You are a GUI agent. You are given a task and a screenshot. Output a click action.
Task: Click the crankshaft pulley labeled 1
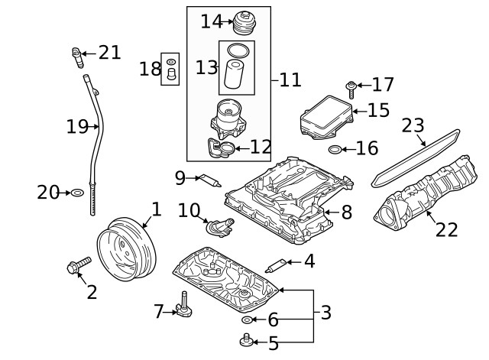click(x=127, y=248)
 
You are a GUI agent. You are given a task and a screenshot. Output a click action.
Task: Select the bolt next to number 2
click(x=78, y=266)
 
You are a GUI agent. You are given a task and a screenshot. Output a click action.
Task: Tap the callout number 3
click(x=325, y=313)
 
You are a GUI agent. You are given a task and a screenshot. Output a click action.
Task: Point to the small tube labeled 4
click(x=275, y=265)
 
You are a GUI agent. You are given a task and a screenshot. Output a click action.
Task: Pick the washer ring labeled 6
click(x=248, y=319)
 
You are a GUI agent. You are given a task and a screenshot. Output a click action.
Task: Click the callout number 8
click(x=346, y=212)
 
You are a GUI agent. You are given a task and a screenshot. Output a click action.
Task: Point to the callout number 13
click(x=206, y=67)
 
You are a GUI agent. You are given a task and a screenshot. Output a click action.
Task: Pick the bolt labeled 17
click(x=351, y=89)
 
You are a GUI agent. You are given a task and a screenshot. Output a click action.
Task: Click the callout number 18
click(x=150, y=69)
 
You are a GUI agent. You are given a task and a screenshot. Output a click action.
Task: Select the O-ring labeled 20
click(x=77, y=193)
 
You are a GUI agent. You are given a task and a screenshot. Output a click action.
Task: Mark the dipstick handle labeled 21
click(x=76, y=56)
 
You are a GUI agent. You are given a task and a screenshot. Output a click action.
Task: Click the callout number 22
click(x=447, y=229)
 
